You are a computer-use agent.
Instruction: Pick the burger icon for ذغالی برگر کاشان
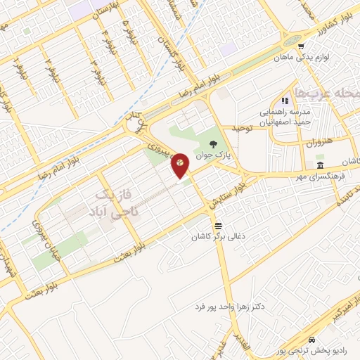click(219, 226)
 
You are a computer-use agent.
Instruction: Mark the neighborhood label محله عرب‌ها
click(337, 93)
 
